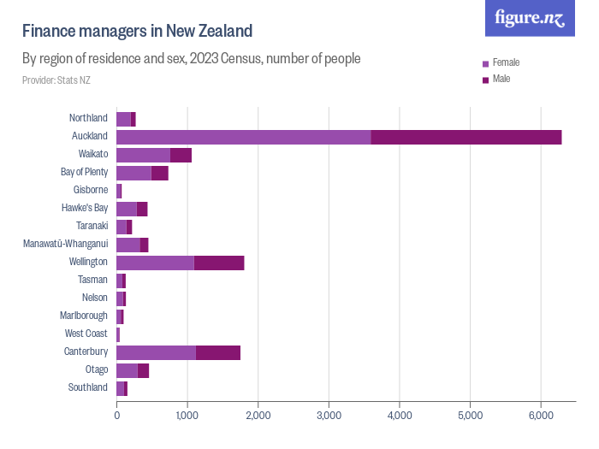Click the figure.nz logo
[x=530, y=18]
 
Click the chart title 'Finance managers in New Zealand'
[x=137, y=32]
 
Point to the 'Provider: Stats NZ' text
[x=56, y=80]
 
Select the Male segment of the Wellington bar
[x=219, y=263]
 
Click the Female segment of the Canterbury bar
[x=156, y=352]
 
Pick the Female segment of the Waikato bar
[x=143, y=155]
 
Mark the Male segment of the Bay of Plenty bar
[x=159, y=173]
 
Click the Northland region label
[x=88, y=118]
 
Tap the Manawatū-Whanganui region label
[x=65, y=244]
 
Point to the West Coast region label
[x=86, y=334]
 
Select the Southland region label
[x=88, y=387]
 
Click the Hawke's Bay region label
[x=85, y=208]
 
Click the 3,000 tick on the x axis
[x=328, y=416]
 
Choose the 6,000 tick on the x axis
[x=540, y=416]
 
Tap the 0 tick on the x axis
[x=116, y=416]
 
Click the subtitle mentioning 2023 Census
[x=191, y=59]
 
